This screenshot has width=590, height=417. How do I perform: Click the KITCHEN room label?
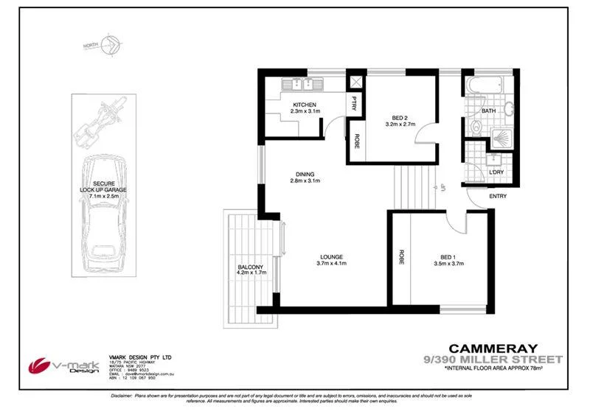point(305,105)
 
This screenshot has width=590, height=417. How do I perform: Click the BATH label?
point(488,111)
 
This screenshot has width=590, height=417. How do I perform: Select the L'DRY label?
point(496,172)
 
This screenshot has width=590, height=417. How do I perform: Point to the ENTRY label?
point(497,196)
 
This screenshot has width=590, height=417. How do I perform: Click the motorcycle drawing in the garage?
point(98,122)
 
